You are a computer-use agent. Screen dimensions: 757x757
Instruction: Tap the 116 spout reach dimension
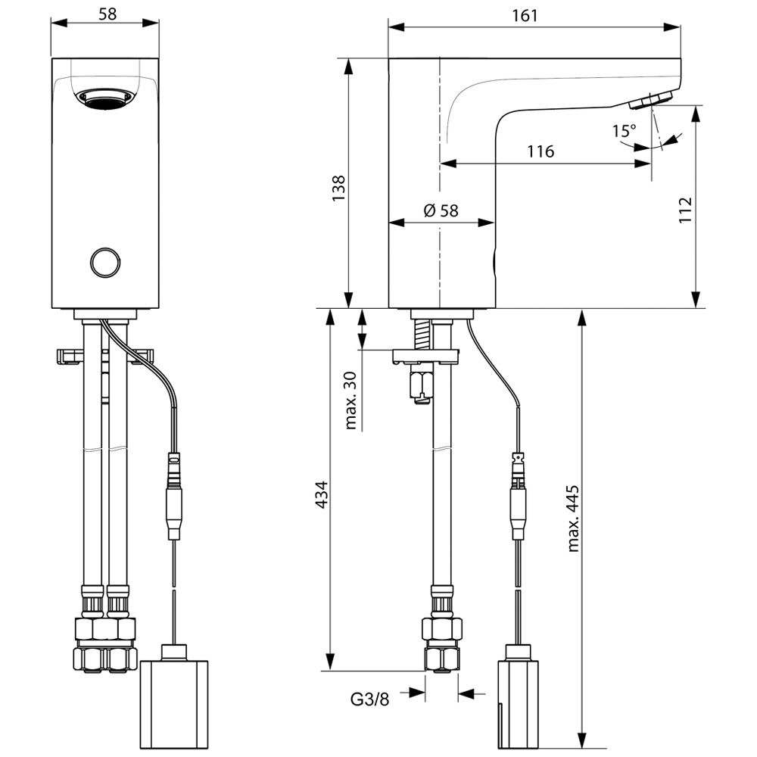541,151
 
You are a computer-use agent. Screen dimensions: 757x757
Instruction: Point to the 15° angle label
625,130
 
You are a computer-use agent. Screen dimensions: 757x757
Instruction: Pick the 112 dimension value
685,210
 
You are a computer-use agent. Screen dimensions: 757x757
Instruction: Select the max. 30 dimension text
350,401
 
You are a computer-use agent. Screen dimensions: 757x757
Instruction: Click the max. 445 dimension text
573,519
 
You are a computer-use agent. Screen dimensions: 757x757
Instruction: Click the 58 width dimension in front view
107,14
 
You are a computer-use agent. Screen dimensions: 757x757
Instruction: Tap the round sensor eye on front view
105,262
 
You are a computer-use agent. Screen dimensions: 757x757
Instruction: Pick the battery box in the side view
518,696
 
